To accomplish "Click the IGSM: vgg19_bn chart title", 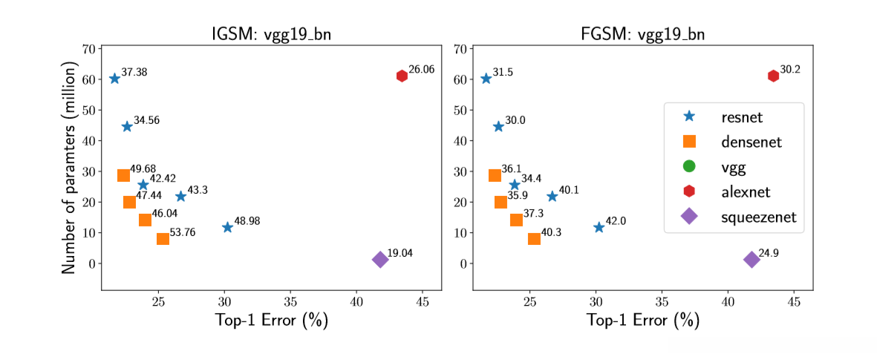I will tap(272, 35).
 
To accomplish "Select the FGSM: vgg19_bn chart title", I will tap(643, 35).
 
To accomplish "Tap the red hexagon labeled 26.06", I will tap(402, 76).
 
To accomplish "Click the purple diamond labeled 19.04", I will tap(380, 259).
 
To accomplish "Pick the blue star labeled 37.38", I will tap(114, 79).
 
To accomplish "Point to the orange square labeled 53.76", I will tap(163, 238).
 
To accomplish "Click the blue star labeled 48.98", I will tap(227, 227).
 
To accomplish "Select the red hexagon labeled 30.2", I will tap(773, 76).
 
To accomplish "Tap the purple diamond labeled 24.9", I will tap(752, 259).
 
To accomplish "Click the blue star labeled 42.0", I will tap(599, 227).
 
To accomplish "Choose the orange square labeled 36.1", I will tap(495, 175).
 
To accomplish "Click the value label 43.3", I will tap(197, 190).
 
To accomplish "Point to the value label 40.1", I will tap(568, 190).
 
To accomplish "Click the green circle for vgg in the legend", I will tap(688, 166).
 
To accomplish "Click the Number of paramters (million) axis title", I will tap(71, 169).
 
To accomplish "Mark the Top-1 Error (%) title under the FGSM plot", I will tap(643, 321).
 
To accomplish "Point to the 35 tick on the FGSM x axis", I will tap(662, 302).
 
